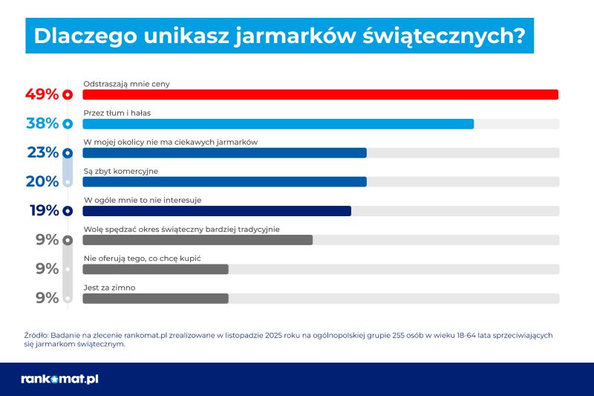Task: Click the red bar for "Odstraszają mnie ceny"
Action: (x=319, y=94)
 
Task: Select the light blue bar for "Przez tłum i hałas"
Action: (x=278, y=123)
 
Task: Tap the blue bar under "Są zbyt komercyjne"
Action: (x=224, y=181)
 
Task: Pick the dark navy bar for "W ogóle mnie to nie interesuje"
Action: (x=216, y=210)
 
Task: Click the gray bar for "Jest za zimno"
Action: (x=155, y=298)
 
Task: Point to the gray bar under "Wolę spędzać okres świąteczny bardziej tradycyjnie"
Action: (x=198, y=239)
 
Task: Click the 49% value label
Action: (x=42, y=94)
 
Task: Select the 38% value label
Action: (x=42, y=123)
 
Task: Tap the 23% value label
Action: (x=42, y=152)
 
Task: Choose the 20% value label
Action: (x=42, y=181)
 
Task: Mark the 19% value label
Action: (x=44, y=210)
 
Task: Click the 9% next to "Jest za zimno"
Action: (x=48, y=298)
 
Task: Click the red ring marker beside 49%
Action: (x=68, y=94)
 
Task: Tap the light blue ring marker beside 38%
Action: (x=68, y=123)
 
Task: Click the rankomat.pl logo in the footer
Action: (x=59, y=379)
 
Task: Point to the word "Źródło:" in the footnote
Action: (x=37, y=335)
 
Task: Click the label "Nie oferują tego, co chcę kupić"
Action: (x=143, y=258)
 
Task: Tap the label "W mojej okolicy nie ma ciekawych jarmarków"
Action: (x=170, y=141)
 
